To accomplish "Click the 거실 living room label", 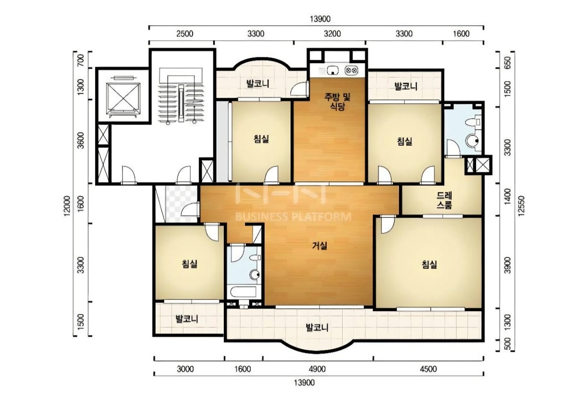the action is click(319, 246).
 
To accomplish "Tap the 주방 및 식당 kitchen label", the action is click(337, 102).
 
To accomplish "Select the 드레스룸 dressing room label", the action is click(444, 200).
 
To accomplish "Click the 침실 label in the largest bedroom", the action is click(429, 265).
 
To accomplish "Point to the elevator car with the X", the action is click(123, 99).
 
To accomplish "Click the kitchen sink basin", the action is click(332, 70).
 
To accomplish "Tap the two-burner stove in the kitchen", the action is click(351, 70).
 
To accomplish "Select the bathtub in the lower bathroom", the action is click(243, 292).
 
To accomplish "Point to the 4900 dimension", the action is click(317, 369).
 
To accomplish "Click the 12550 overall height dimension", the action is click(521, 206).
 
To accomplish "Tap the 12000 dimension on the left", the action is click(67, 206).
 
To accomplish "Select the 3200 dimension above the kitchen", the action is click(332, 34).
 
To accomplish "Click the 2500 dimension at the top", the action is click(185, 34).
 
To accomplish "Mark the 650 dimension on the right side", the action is click(508, 62).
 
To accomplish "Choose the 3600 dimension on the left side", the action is click(81, 140).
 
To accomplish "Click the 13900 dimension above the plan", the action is click(320, 19).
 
